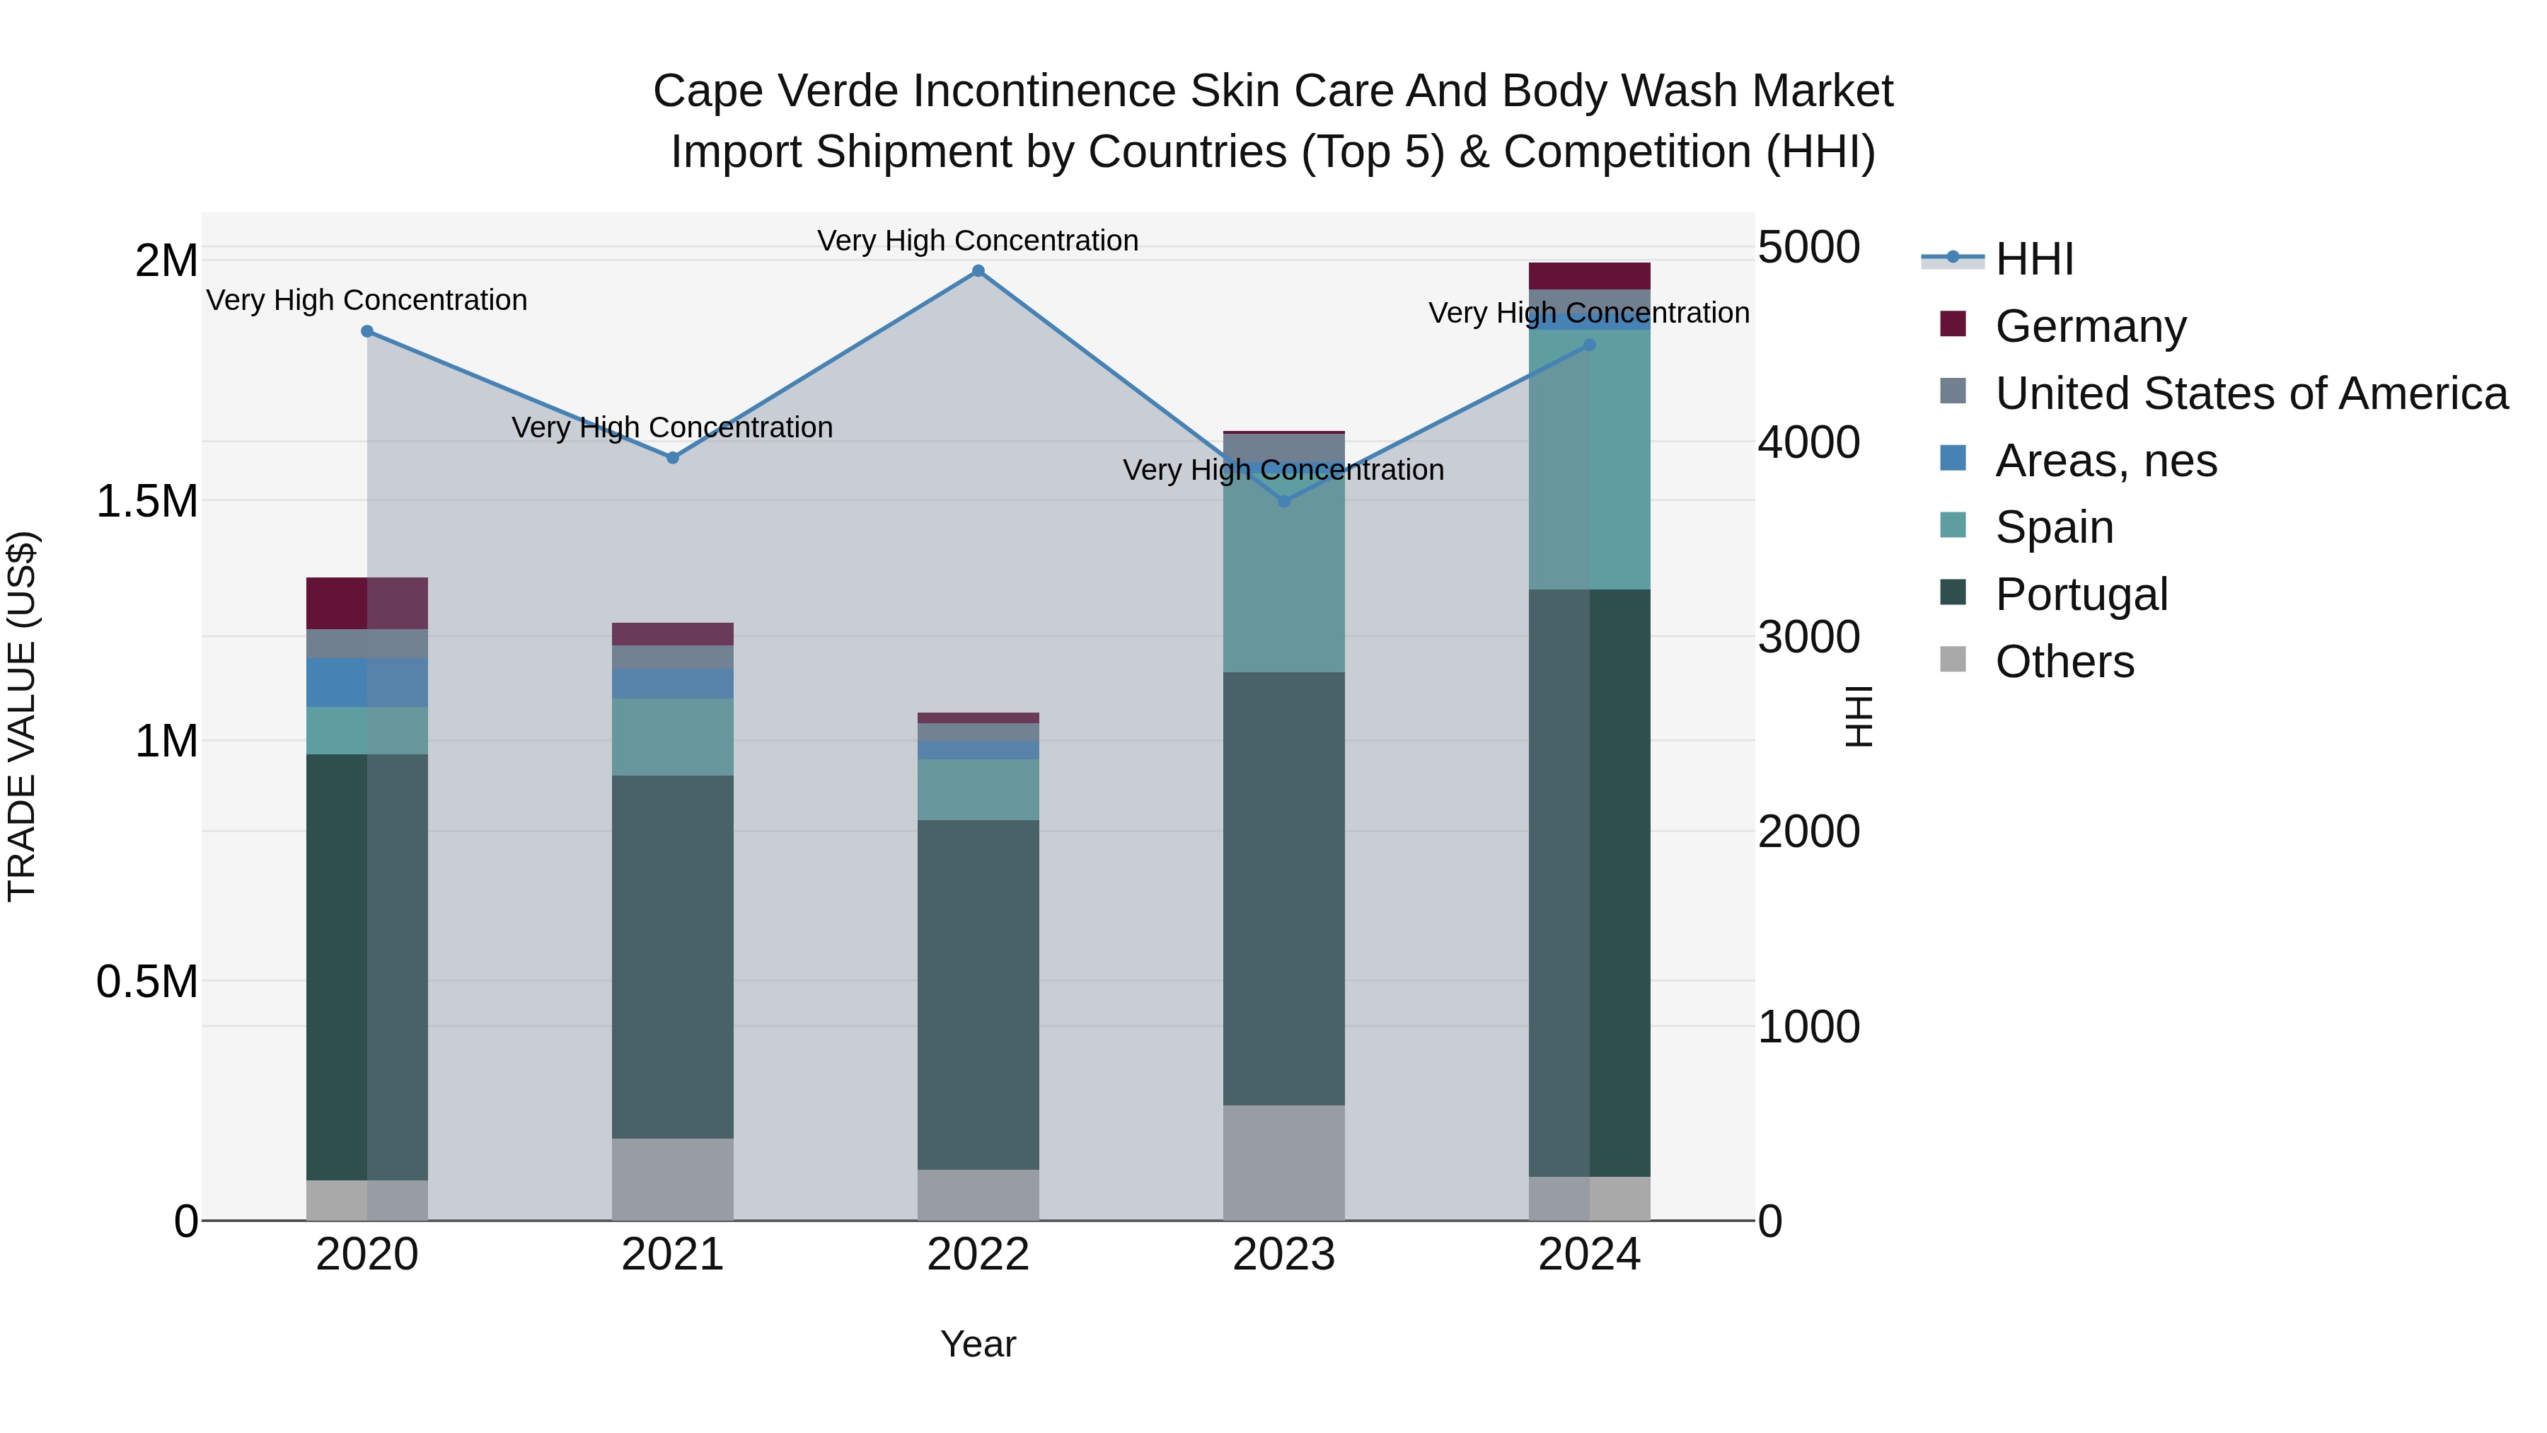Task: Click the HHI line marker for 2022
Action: pos(978,271)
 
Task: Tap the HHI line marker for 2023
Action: pos(1283,502)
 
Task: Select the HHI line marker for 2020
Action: pos(366,331)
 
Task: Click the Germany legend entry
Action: pos(2089,326)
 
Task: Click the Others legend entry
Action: pos(2064,662)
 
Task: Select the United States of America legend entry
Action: pos(2251,393)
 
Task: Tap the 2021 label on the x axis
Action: pos(672,1255)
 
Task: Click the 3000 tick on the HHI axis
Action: pos(1808,637)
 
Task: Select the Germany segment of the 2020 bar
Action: pos(366,603)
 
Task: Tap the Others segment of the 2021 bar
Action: pos(672,1179)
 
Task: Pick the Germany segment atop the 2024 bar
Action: pos(1589,276)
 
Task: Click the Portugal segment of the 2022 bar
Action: pos(978,994)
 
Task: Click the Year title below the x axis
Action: pos(978,1344)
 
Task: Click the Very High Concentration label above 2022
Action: pos(978,241)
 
